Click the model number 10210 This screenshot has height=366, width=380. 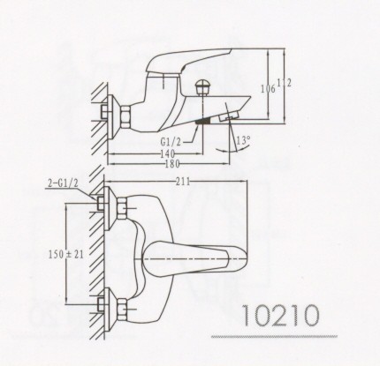point(281,315)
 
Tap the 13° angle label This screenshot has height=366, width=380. point(243,139)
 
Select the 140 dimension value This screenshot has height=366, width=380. point(167,153)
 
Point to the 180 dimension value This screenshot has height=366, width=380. point(172,164)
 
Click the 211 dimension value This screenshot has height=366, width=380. point(183,182)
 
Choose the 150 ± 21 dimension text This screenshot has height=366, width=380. point(65,254)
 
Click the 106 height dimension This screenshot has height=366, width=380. point(268,88)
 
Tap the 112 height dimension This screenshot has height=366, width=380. point(284,83)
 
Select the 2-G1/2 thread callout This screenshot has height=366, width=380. point(63,183)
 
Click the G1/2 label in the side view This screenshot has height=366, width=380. point(171,141)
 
